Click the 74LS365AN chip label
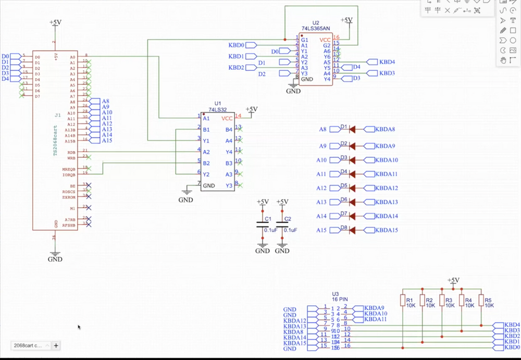(316, 29)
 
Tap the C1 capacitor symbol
(262, 225)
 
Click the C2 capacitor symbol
(282, 225)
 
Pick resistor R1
(403, 301)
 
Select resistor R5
(481, 301)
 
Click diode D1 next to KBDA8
(352, 129)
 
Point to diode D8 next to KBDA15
(352, 230)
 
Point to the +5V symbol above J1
(55, 23)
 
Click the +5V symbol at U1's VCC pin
(251, 109)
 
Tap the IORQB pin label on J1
(69, 175)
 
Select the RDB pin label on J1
(71, 152)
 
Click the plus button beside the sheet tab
(56, 345)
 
